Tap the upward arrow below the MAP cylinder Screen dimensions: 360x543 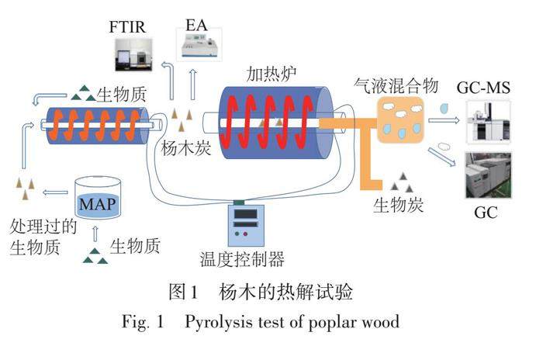coord(95,233)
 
